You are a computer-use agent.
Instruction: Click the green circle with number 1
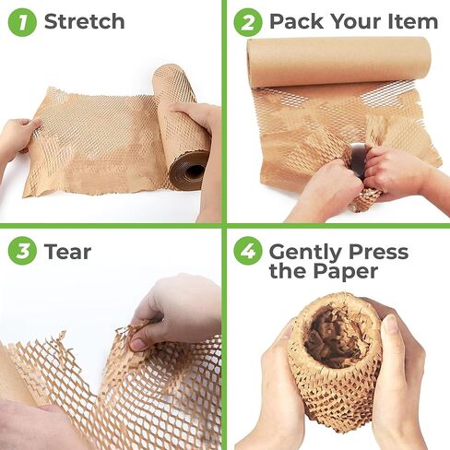[x=22, y=21]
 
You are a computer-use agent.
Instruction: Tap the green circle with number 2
[x=247, y=21]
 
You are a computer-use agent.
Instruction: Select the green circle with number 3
[x=22, y=251]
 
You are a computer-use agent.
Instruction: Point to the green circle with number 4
[x=247, y=252]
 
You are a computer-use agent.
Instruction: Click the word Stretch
[x=84, y=21]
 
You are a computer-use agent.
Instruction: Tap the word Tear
[x=69, y=251]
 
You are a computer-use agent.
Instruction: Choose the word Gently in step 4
[x=304, y=252]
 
